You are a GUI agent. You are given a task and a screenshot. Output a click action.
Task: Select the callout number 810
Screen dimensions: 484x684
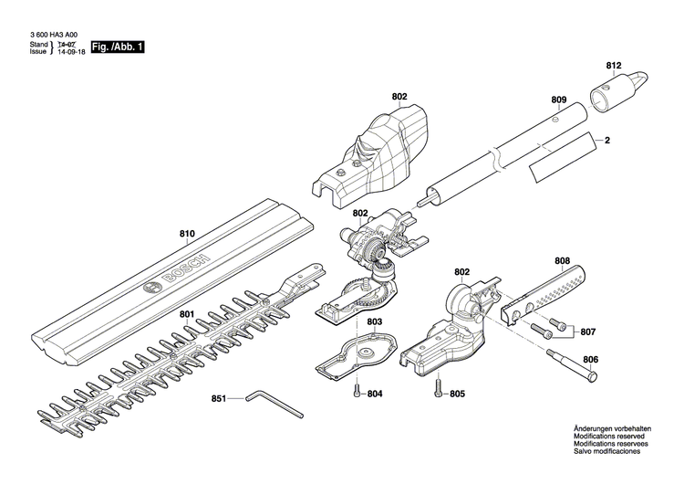pyautogui.click(x=186, y=235)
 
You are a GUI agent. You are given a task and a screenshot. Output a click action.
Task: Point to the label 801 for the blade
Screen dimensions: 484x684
pyautogui.click(x=186, y=315)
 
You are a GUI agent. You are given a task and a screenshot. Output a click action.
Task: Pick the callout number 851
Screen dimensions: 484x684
pyautogui.click(x=219, y=398)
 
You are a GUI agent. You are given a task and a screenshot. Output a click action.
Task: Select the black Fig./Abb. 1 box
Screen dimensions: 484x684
pyautogui.click(x=117, y=47)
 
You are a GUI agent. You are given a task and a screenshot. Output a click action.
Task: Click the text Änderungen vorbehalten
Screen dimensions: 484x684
pyautogui.click(x=614, y=429)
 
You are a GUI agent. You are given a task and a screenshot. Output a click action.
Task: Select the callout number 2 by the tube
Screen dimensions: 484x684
pyautogui.click(x=605, y=142)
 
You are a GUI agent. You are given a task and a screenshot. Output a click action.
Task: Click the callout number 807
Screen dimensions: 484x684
pyautogui.click(x=588, y=332)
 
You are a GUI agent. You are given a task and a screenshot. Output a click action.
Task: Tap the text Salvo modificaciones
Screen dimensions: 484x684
pyautogui.click(x=607, y=451)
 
